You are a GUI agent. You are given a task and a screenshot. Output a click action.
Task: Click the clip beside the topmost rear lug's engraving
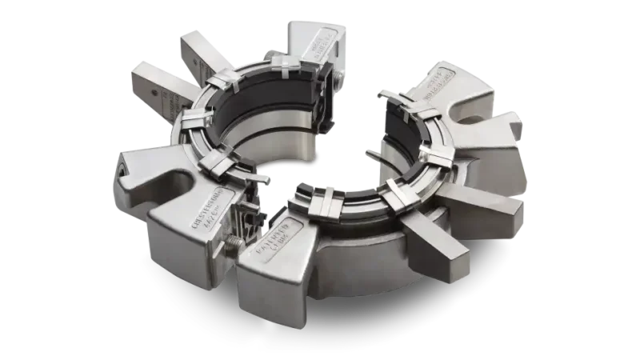click(x=285, y=65)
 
